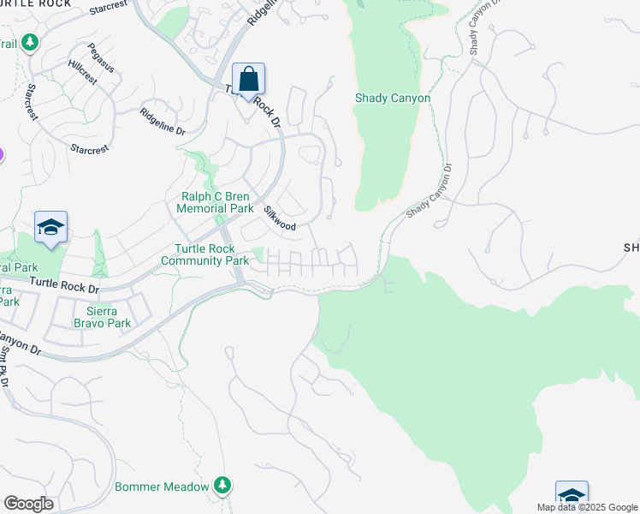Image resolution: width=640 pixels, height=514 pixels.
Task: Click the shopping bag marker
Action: click(x=248, y=81)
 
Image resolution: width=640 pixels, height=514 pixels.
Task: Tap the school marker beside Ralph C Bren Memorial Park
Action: click(x=50, y=229)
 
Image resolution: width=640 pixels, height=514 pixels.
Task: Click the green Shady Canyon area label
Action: click(x=393, y=99)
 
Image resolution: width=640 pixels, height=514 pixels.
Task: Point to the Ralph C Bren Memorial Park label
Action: click(x=215, y=202)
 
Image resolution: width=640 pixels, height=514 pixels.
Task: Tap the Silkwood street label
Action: click(x=280, y=219)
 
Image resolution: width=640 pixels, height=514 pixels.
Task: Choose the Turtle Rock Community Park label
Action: click(x=204, y=255)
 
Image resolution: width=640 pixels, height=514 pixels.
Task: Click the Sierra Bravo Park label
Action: click(x=109, y=317)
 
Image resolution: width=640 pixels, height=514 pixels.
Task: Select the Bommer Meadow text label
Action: click(x=163, y=487)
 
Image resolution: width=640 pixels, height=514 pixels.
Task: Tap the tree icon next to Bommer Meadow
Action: click(x=222, y=486)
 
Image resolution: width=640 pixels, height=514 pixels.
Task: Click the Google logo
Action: click(x=28, y=504)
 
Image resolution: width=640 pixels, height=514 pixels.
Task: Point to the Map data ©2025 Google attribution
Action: click(x=586, y=507)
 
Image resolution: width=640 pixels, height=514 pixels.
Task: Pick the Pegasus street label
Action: click(x=100, y=53)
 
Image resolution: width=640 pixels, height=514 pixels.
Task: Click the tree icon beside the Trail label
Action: click(x=30, y=42)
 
